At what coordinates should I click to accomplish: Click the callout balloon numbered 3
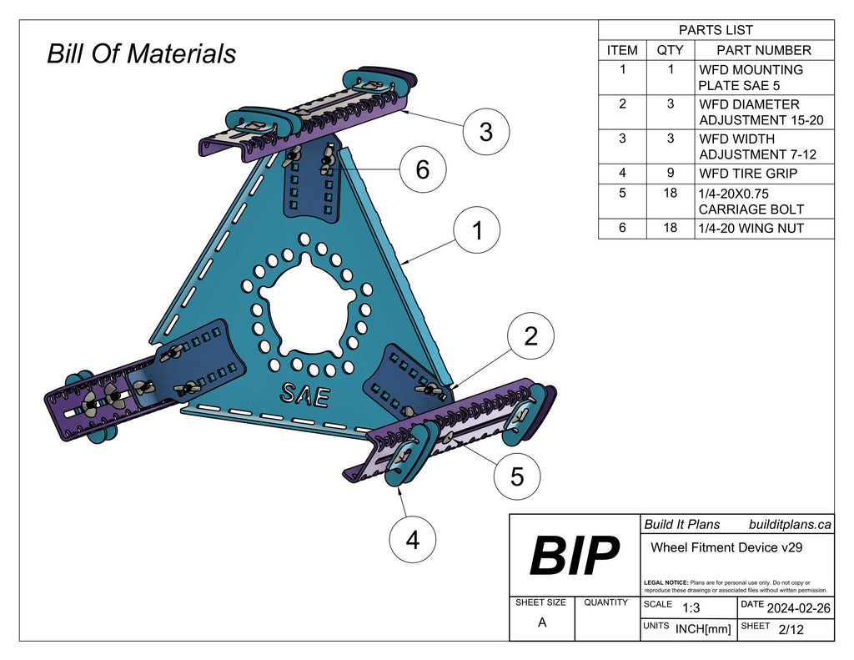click(485, 132)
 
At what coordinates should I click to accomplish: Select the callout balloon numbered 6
click(422, 169)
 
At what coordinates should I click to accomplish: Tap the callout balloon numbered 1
click(477, 231)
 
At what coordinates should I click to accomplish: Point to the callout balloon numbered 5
click(516, 476)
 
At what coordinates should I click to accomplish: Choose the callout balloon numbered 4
click(412, 540)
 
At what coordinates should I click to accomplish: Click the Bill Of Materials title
click(141, 54)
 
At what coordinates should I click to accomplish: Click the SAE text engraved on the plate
click(304, 394)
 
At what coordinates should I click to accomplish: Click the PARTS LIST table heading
click(716, 30)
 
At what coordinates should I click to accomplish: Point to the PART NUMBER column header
click(763, 50)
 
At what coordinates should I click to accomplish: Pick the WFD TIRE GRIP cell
click(748, 174)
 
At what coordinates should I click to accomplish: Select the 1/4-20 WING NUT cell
click(751, 228)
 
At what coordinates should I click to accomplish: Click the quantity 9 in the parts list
click(670, 174)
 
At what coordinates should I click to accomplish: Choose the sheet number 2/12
click(790, 630)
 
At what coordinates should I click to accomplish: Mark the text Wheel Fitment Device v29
click(726, 547)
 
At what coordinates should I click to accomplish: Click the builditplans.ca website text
click(789, 524)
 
